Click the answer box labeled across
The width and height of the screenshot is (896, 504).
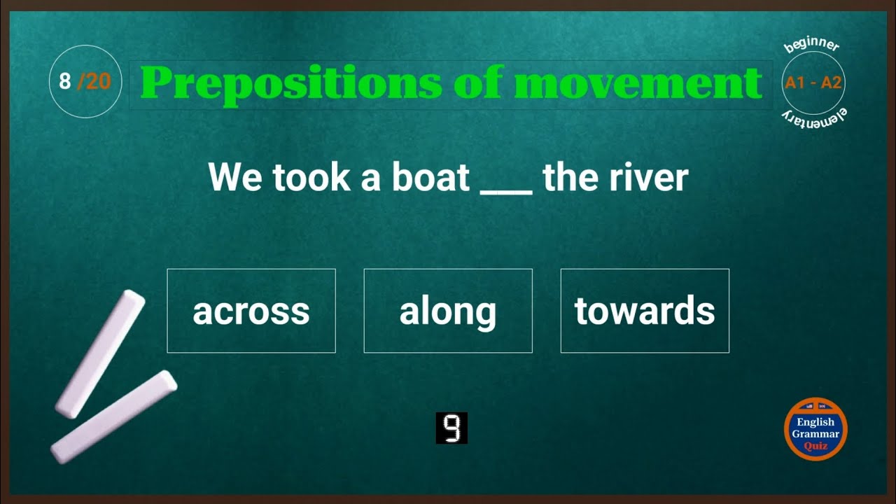tap(251, 311)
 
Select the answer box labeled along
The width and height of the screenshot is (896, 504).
tap(448, 311)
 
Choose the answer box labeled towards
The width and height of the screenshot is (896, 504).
tap(645, 311)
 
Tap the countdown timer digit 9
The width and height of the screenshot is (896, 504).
tap(451, 428)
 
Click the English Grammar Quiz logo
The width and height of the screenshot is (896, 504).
tap(815, 428)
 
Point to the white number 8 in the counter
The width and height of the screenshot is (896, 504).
tap(65, 82)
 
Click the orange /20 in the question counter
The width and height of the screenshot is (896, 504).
tap(94, 82)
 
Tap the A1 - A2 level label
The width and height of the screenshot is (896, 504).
tap(813, 83)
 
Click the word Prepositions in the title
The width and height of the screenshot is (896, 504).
tap(291, 84)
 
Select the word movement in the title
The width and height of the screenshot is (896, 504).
tap(638, 84)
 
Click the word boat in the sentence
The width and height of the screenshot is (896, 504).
tap(430, 177)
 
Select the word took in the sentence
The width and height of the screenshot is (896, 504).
tap(312, 177)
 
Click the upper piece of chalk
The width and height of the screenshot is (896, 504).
tap(100, 354)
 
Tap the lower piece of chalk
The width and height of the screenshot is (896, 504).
tap(114, 416)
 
